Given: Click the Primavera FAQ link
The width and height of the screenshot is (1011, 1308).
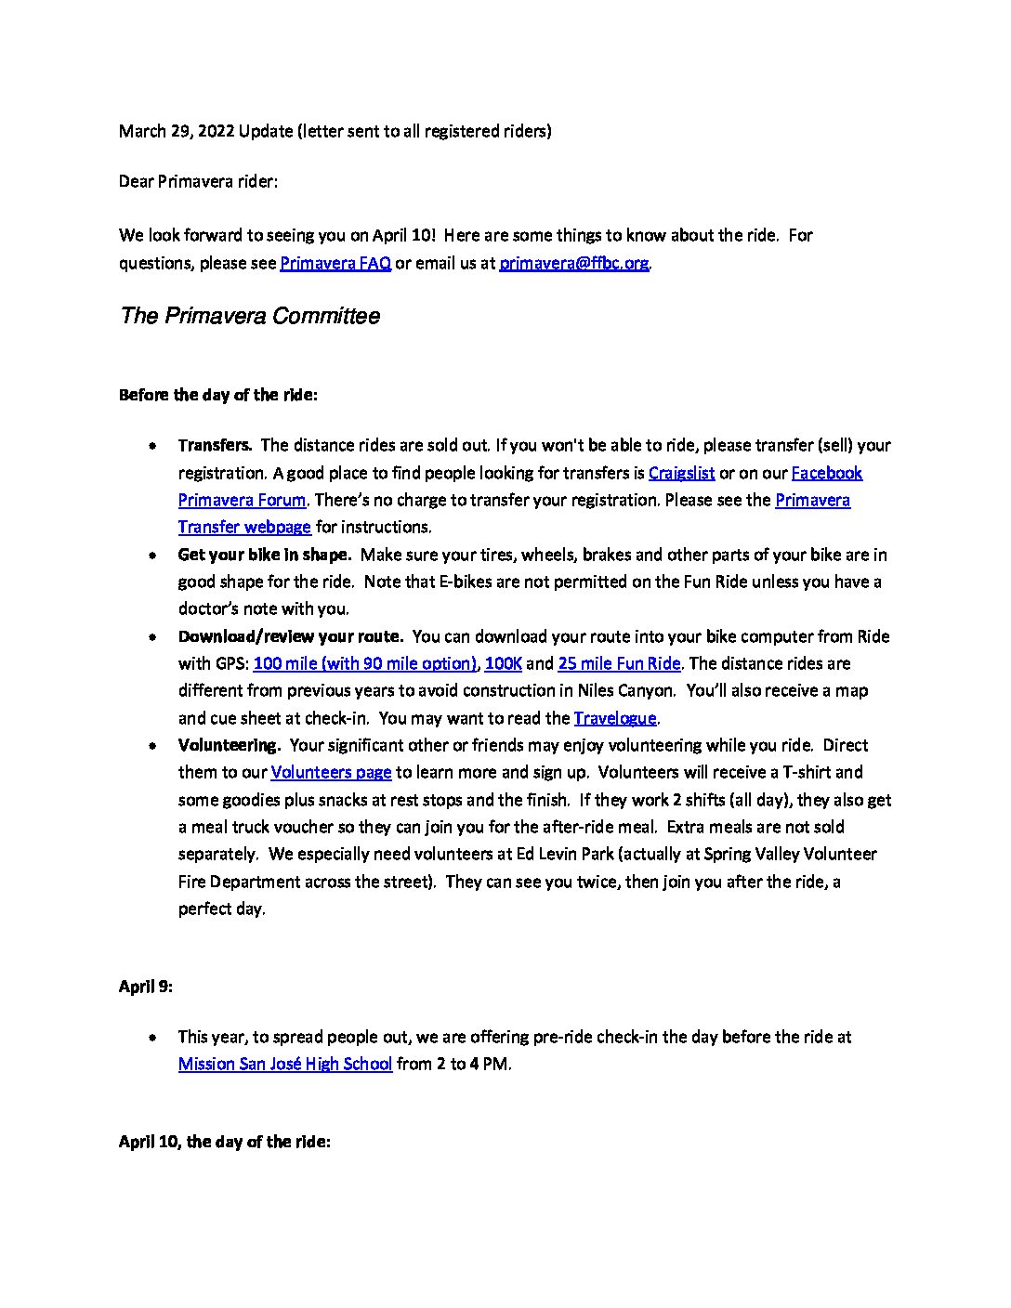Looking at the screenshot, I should [335, 263].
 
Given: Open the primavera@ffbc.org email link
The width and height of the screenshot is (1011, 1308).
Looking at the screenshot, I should [573, 263].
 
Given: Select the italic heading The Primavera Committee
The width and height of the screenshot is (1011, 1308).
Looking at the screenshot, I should [250, 316].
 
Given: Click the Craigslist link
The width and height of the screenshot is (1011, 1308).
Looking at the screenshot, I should [681, 473].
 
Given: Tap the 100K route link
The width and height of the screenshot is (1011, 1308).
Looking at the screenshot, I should [503, 663].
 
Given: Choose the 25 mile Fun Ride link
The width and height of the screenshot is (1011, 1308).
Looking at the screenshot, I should [619, 663].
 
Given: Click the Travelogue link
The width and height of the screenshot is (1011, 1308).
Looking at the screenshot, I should [615, 718].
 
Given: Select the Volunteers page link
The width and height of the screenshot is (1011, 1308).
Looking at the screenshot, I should [331, 772].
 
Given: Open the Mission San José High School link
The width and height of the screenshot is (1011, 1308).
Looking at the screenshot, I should [285, 1064].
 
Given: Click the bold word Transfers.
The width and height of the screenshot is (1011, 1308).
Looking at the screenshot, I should [215, 445].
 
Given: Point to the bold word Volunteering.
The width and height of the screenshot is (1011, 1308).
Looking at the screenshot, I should [229, 745].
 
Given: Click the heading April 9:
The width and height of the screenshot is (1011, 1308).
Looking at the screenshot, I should [146, 987].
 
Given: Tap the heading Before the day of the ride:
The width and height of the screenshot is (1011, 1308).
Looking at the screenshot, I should [218, 395].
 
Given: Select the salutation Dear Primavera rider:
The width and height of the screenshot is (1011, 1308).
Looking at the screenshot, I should [198, 181].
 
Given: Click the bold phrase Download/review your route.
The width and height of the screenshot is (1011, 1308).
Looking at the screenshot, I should [290, 636].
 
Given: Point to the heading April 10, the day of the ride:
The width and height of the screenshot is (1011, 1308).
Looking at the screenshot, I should [224, 1142].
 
